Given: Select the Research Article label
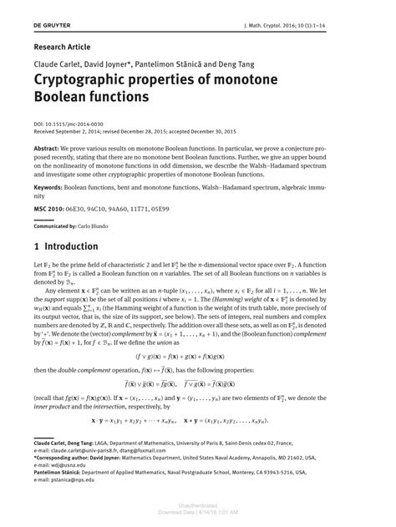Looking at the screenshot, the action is (63, 47).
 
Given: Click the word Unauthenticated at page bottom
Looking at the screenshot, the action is (198, 505).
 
